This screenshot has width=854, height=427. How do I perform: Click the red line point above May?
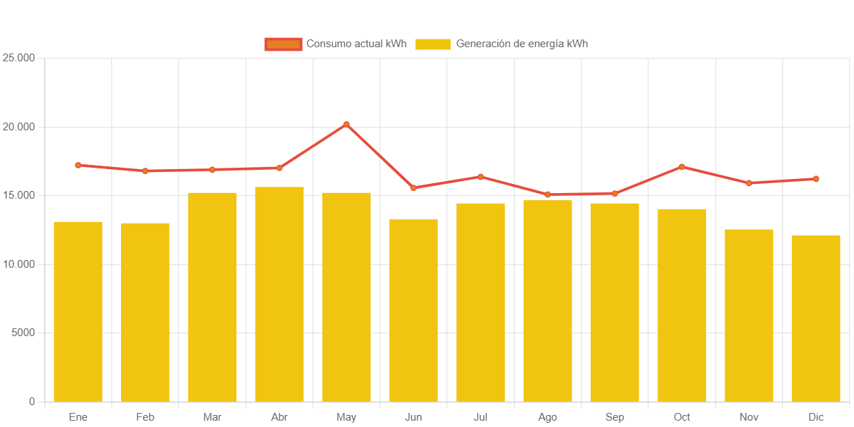[x=346, y=124]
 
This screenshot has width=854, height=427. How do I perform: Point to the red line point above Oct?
[x=682, y=167]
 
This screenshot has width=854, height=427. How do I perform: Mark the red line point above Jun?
[x=413, y=188]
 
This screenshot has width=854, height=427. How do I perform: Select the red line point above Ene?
[x=78, y=165]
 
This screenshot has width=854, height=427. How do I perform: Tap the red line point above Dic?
[x=816, y=179]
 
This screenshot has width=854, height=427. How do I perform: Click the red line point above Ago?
[x=548, y=194]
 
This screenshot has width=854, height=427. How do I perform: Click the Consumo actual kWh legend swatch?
[x=283, y=44]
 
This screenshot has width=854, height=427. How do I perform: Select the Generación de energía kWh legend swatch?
[x=432, y=44]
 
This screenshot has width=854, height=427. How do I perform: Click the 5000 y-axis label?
[x=23, y=333]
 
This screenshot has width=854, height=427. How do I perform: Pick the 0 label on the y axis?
[x=32, y=402]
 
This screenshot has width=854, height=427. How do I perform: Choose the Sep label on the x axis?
[x=615, y=417]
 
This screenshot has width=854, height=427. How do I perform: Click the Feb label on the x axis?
[x=145, y=417]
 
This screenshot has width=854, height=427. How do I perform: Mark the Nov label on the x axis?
[x=748, y=417]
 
